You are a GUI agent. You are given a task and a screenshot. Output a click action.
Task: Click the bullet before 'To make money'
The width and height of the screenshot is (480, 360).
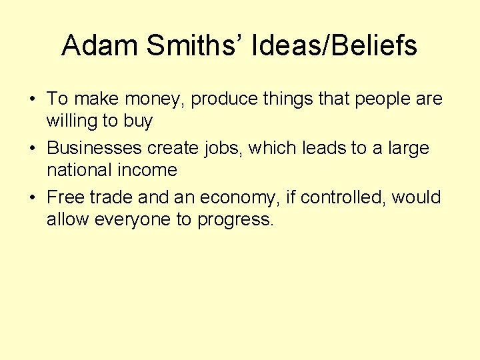(x=33, y=99)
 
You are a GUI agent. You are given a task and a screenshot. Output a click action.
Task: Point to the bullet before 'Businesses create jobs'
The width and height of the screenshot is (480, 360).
(x=33, y=148)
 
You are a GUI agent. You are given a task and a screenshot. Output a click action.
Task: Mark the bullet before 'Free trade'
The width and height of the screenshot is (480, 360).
(x=33, y=197)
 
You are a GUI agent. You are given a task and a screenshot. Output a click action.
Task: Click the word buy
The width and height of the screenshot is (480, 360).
(x=138, y=122)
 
